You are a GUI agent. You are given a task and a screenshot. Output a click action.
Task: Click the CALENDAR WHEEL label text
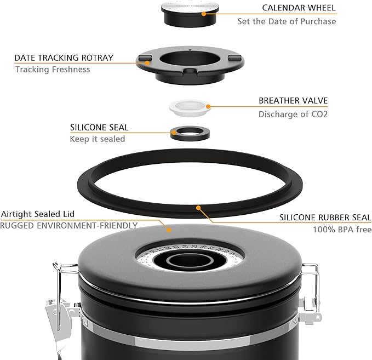pos(299,8)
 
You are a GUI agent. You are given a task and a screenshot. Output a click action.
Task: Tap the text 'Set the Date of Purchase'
pos(287,21)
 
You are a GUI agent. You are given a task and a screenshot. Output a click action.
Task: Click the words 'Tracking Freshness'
pos(53,70)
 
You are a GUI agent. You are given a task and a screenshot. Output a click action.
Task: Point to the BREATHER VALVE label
pos(293,101)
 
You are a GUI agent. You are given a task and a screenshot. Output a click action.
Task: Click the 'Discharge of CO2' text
pos(293,115)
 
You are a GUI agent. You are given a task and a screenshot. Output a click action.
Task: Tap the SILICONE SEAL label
pos(99,127)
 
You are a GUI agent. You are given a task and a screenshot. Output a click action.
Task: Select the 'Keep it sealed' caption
pos(97,139)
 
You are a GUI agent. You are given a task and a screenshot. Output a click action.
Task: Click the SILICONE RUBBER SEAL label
pos(325,217)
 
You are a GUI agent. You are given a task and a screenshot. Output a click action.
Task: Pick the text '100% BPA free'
pos(342,230)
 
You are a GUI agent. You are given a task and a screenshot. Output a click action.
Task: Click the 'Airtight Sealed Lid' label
pos(37,214)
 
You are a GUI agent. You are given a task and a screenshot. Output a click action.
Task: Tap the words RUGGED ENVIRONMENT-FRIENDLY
pos(68,225)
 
